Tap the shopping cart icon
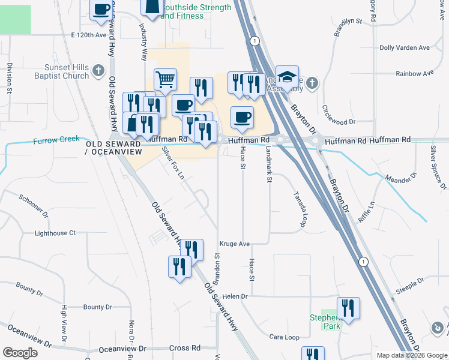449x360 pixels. (165, 79)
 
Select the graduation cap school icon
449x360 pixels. (288, 76)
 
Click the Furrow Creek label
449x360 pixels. (56, 139)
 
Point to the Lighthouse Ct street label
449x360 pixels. (55, 233)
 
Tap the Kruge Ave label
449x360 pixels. (235, 244)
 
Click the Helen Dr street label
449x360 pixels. (235, 296)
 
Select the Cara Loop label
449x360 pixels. (284, 337)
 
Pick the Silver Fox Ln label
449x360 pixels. (173, 163)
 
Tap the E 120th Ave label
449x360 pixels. (88, 35)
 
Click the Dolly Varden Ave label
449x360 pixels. (405, 47)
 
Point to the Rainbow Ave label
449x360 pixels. (414, 73)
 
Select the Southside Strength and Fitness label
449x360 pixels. (197, 12)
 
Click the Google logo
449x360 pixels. (20, 353)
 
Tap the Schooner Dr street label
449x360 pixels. (34, 205)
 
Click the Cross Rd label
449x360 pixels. (184, 348)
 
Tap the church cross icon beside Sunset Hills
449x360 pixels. (99, 72)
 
